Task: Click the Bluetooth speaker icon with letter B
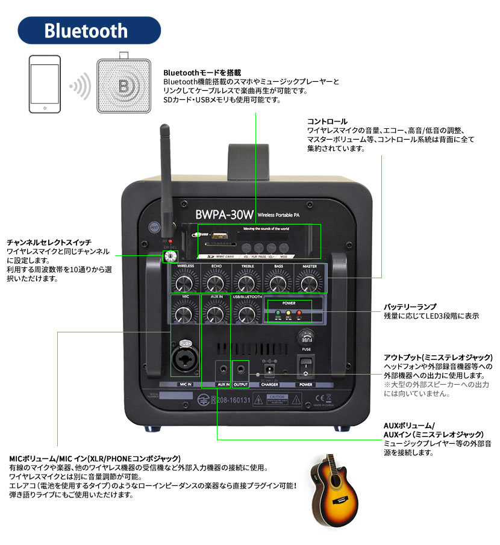123,84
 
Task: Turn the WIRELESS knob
186,282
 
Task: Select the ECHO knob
214,282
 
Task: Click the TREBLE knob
246,282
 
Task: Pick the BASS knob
277,282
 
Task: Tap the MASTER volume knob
309,282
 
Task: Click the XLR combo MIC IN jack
184,360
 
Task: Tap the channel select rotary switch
170,257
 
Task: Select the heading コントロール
327,121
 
